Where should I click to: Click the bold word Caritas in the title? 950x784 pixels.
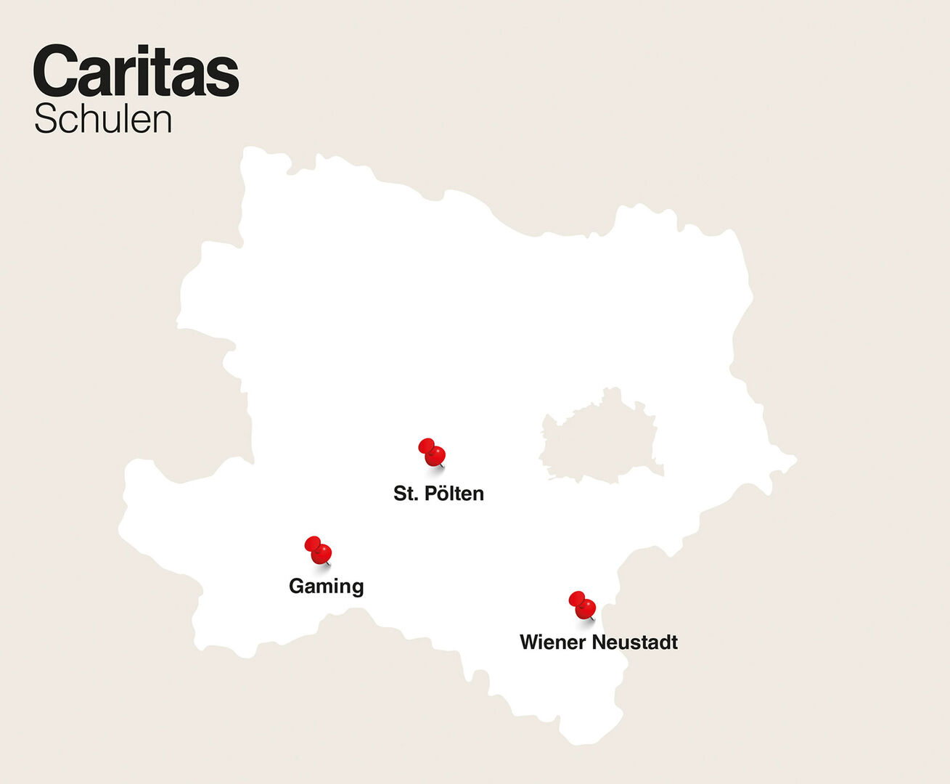pyautogui.click(x=136, y=71)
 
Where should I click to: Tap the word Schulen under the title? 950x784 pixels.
pyautogui.click(x=103, y=120)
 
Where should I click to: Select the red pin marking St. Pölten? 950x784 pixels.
pyautogui.click(x=432, y=452)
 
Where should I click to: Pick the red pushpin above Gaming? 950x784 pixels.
pyautogui.click(x=318, y=550)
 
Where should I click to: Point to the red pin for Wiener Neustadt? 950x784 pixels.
pyautogui.click(x=582, y=605)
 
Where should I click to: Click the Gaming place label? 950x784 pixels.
pyautogui.click(x=326, y=586)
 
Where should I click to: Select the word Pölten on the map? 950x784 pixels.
pyautogui.click(x=454, y=494)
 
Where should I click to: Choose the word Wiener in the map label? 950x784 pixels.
pyautogui.click(x=552, y=642)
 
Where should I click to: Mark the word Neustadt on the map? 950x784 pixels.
pyautogui.click(x=635, y=642)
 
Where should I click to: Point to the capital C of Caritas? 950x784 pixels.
pyautogui.click(x=55, y=71)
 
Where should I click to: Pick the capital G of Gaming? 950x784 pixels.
pyautogui.click(x=296, y=586)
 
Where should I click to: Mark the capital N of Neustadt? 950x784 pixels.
pyautogui.click(x=599, y=642)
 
